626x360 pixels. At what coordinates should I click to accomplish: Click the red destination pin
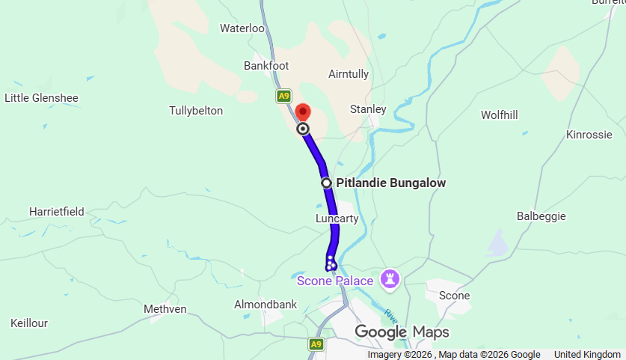click(x=302, y=112)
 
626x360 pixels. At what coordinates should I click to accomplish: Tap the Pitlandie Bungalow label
click(x=391, y=183)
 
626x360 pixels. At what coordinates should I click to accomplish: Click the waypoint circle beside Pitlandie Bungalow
click(x=326, y=183)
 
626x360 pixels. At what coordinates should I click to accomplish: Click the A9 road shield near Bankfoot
click(x=283, y=96)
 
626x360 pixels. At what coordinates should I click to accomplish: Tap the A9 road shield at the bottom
click(x=316, y=344)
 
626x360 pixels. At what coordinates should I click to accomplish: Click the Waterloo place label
click(x=242, y=28)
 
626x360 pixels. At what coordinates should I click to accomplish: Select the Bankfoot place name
click(x=266, y=66)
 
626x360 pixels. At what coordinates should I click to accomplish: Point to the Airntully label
click(x=349, y=74)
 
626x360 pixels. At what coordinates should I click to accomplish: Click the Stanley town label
click(x=368, y=109)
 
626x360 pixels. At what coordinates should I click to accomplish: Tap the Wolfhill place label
click(x=500, y=115)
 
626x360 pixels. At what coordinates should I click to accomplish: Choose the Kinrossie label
click(x=589, y=135)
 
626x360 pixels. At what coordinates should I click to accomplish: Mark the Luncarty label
click(x=337, y=219)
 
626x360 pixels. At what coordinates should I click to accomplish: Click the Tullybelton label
click(x=196, y=111)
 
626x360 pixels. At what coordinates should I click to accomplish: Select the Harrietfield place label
click(x=56, y=212)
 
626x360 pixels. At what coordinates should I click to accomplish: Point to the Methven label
click(x=165, y=308)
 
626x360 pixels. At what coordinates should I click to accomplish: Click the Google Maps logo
click(x=402, y=332)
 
